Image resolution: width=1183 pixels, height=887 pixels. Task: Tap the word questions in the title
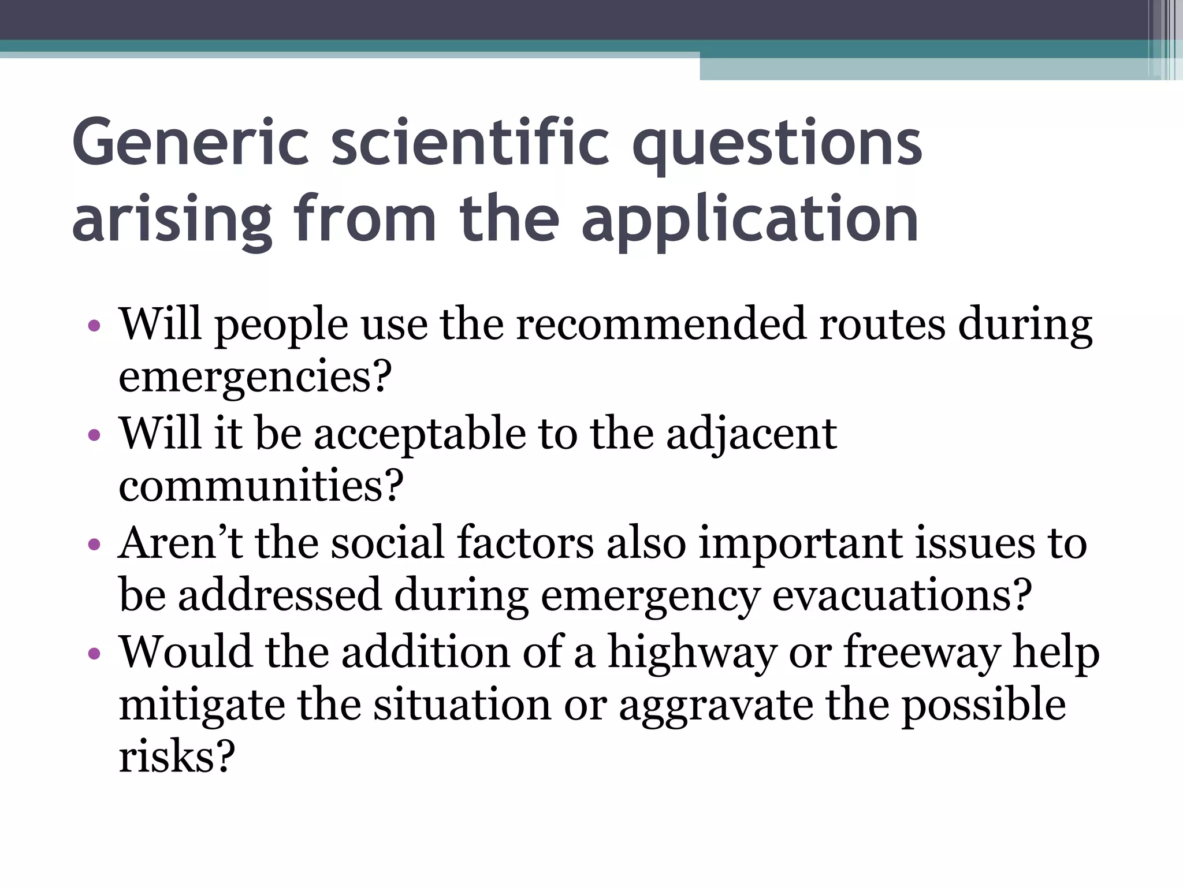coord(777,144)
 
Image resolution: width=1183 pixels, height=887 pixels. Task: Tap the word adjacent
coord(751,434)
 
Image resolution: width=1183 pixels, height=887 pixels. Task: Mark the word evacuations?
coord(902,595)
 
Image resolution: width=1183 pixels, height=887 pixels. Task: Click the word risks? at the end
coord(177,756)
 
